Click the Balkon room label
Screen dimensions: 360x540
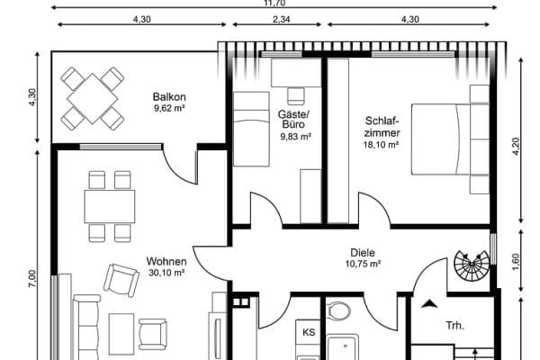[169, 96]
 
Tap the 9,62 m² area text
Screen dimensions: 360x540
[169, 109]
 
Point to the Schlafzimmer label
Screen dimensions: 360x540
[382, 126]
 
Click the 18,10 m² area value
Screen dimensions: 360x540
[381, 144]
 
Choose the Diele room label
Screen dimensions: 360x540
[363, 253]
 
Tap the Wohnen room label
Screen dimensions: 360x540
[166, 261]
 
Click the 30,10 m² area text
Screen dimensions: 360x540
[166, 272]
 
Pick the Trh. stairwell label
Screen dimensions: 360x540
[454, 326]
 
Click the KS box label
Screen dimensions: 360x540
[308, 332]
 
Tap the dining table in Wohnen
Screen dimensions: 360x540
[109, 206]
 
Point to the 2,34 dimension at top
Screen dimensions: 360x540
[280, 19]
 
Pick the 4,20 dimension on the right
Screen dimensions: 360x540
[516, 148]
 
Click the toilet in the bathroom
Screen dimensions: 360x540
[339, 312]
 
